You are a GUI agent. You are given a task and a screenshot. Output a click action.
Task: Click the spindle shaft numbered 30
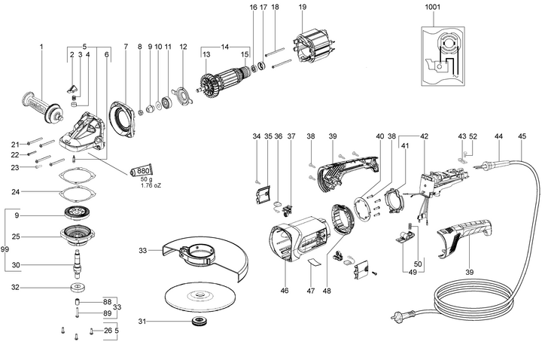pos(78,266)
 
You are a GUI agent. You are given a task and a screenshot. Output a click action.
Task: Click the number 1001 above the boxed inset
pos(434,7)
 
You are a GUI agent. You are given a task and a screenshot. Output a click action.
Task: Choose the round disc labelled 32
pos(78,288)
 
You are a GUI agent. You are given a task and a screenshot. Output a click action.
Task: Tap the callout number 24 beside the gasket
pos(36,192)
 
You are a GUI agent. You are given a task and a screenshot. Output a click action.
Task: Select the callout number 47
pos(312,289)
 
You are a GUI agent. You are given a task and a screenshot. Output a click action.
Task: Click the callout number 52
pos(473,136)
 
